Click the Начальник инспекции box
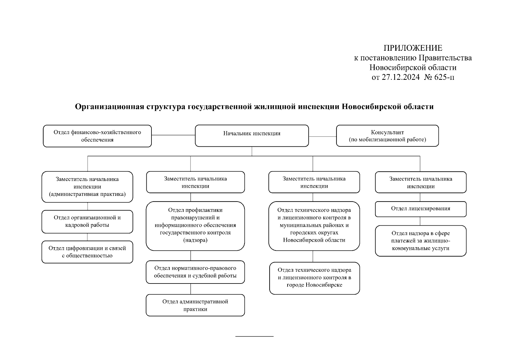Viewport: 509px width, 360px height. pyautogui.click(x=252, y=136)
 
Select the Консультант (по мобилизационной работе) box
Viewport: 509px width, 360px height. pyautogui.click(x=387, y=136)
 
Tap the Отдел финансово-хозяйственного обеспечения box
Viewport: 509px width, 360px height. pyautogui.click(x=97, y=136)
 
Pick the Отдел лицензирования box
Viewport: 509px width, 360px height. pyautogui.click(x=421, y=209)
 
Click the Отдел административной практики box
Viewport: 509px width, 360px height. pyautogui.click(x=195, y=305)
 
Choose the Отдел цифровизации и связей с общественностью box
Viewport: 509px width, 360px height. pyautogui.click(x=87, y=252)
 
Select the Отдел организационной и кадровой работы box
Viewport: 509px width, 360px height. pyautogui.click(x=87, y=221)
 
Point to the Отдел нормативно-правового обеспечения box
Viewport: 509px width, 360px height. pyautogui.click(x=195, y=272)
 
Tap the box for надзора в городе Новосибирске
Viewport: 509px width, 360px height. pyautogui.click(x=314, y=278)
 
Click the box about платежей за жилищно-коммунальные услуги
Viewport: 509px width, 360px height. pyautogui.click(x=421, y=241)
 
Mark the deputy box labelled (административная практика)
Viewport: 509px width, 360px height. pyautogui.click(x=87, y=187)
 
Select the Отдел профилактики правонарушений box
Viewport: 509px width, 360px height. pyautogui.click(x=195, y=226)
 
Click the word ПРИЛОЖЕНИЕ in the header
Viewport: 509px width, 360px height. pyautogui.click(x=413, y=48)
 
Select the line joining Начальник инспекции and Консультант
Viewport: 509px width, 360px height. pyautogui.click(x=322, y=136)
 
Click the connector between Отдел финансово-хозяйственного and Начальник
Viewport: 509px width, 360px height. pyautogui.click(x=173, y=135)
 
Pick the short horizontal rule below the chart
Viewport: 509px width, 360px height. pyautogui.click(x=254, y=336)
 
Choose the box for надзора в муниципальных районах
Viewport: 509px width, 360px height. pyautogui.click(x=314, y=226)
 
